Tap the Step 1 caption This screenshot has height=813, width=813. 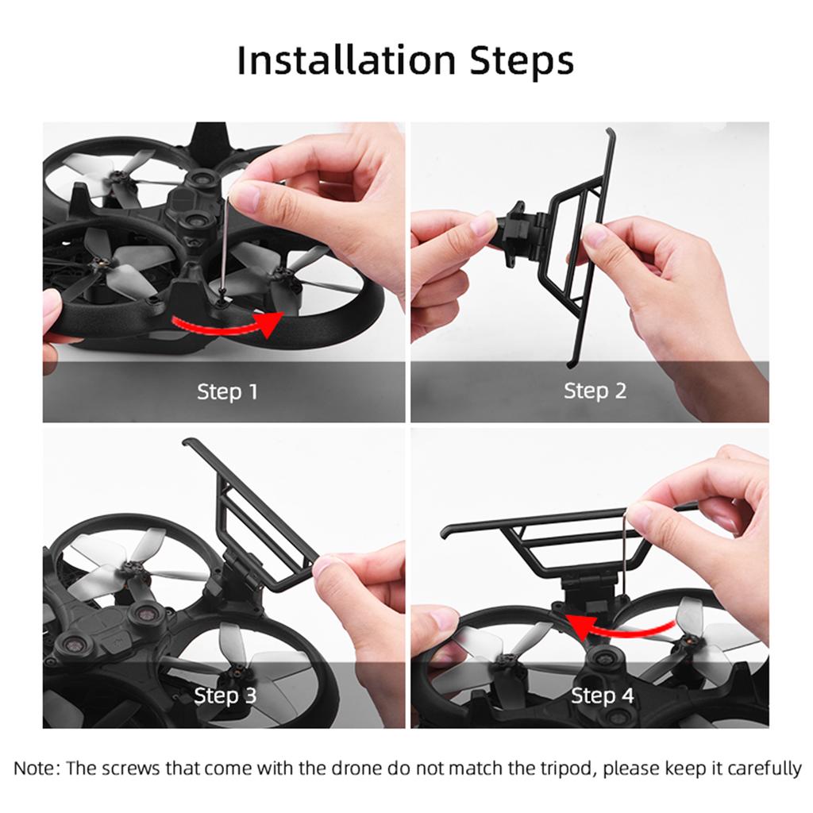click(227, 391)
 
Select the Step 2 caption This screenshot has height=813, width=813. click(595, 391)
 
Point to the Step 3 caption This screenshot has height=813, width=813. click(225, 696)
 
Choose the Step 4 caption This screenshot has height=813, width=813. click(603, 696)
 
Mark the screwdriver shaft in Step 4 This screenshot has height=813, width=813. click(626, 556)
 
